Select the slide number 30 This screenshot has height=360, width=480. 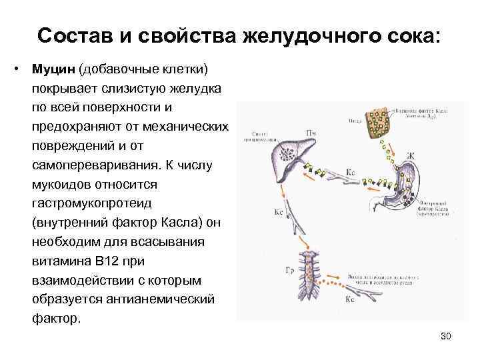[446, 335]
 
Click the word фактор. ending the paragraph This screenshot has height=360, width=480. [56, 317]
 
